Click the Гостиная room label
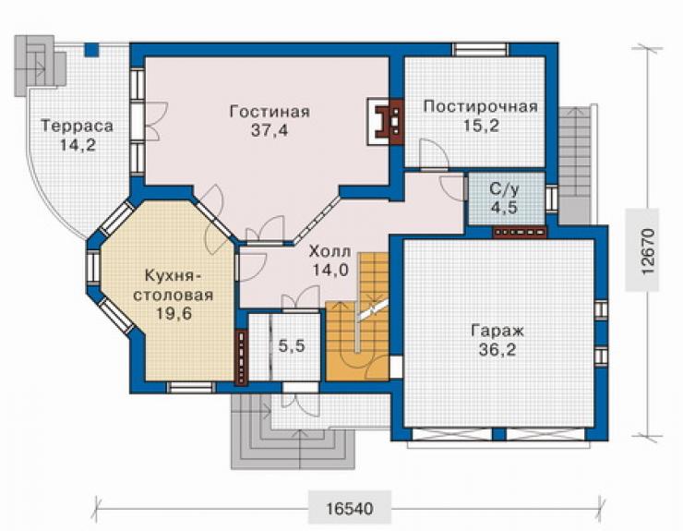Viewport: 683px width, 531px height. point(270,112)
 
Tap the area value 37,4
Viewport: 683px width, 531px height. point(270,130)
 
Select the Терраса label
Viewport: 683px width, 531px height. point(78,126)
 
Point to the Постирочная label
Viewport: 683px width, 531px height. point(481,106)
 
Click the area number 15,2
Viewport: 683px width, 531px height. point(481,126)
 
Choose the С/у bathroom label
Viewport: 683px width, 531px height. point(505,189)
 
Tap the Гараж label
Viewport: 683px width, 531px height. point(497,331)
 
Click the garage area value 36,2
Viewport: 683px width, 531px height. point(497,350)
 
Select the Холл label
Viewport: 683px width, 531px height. point(330,251)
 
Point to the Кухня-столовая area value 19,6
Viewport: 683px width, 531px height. point(174,313)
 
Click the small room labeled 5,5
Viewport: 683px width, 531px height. point(292,346)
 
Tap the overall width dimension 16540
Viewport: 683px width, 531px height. point(349,508)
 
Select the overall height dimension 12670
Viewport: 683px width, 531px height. point(648,251)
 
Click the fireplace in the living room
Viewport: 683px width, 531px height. point(385,122)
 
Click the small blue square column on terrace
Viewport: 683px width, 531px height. point(91,50)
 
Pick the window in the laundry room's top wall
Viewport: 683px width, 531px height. point(481,49)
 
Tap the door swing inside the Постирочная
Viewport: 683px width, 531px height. point(433,153)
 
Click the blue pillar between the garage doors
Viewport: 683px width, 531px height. point(499,434)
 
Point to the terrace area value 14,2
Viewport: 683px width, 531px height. point(78,145)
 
